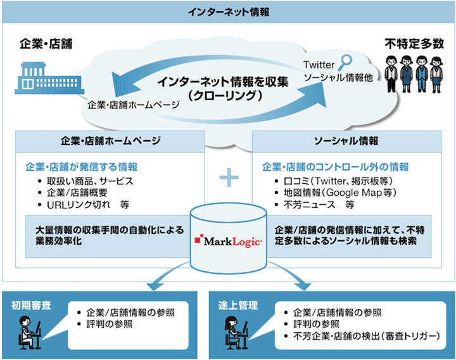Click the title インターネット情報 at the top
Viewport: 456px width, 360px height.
pos(227,11)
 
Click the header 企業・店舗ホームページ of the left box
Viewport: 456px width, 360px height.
pos(110,140)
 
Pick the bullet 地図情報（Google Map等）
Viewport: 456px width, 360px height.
pos(332,193)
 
